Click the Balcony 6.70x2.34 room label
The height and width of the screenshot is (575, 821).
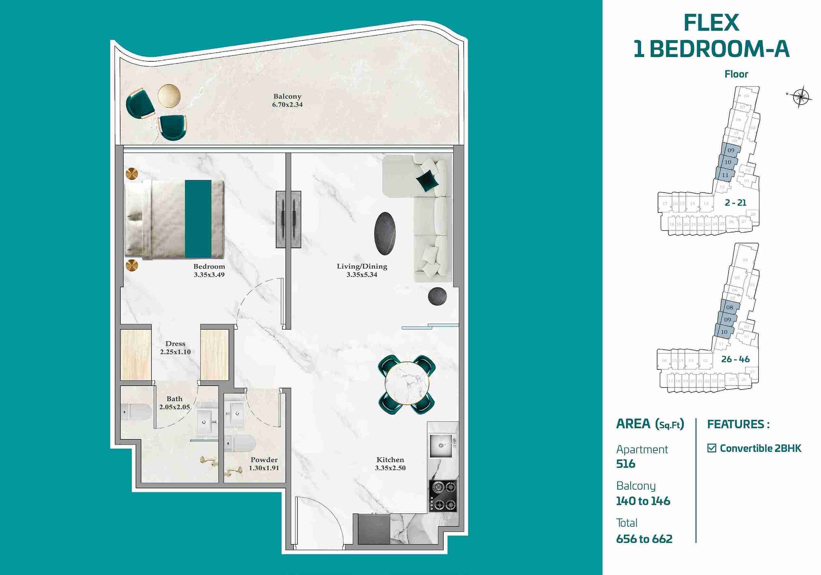[287, 100]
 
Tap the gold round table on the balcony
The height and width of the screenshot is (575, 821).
[169, 96]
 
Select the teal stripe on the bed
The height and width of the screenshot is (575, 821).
[198, 219]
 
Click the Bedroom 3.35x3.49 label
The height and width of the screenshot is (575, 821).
[209, 271]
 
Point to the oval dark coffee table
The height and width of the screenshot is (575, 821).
[385, 233]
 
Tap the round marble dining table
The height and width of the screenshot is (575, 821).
[407, 384]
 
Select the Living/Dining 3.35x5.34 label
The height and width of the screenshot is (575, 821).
[362, 271]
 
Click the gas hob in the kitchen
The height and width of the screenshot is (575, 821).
[443, 496]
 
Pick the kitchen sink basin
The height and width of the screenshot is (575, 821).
[442, 446]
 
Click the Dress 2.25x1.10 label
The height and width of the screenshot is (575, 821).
[175, 347]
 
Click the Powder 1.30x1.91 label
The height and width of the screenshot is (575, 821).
[264, 464]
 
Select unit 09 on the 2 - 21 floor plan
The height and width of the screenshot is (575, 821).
[731, 150]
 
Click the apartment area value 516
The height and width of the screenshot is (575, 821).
[626, 464]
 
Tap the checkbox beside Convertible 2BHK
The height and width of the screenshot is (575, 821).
[712, 448]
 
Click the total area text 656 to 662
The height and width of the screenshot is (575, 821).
[644, 539]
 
